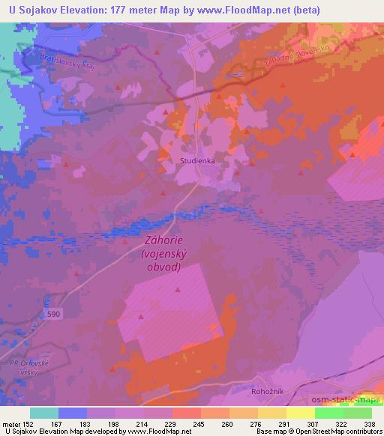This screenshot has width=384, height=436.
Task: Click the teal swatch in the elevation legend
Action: (44, 414)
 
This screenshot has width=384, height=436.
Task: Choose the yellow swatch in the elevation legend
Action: (301, 414)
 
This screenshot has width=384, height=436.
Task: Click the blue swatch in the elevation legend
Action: (73, 414)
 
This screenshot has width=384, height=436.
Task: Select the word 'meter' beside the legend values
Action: (10, 425)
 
